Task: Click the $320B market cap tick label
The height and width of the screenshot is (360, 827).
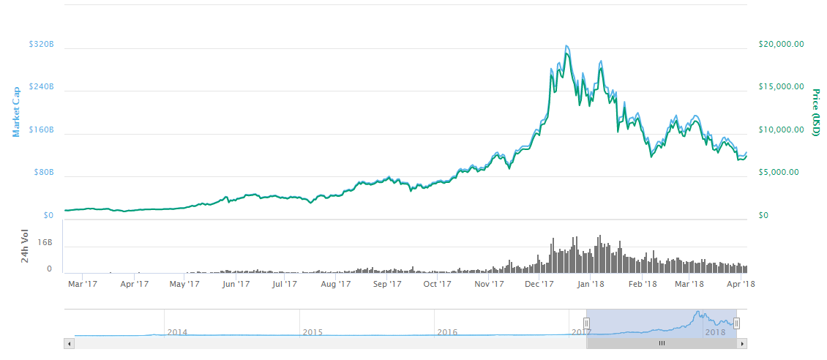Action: coord(41,44)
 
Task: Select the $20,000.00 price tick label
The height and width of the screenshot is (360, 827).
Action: coord(782,44)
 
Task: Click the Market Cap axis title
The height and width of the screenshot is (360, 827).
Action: coord(17,111)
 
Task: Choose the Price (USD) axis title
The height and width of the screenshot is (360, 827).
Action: coord(815,112)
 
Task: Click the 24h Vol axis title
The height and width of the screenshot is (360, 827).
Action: coord(25,247)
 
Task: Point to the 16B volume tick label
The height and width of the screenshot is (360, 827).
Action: coord(45,243)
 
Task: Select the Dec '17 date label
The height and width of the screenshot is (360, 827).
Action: coord(539,284)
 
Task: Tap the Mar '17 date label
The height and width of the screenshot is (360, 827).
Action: coord(82,284)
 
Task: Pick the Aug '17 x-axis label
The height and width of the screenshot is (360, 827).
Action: coord(336,284)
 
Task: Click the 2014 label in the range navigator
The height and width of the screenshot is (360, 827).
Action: coord(177,332)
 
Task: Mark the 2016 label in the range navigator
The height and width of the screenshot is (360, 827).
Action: coord(447,332)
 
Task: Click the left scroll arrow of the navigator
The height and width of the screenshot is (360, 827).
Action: coord(70,343)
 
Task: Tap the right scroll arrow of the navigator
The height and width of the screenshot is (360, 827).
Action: coord(742,343)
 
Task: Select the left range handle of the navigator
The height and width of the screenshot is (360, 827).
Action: coord(586,323)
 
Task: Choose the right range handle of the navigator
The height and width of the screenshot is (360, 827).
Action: coord(737,323)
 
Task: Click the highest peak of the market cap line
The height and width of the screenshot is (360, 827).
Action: coord(566,46)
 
